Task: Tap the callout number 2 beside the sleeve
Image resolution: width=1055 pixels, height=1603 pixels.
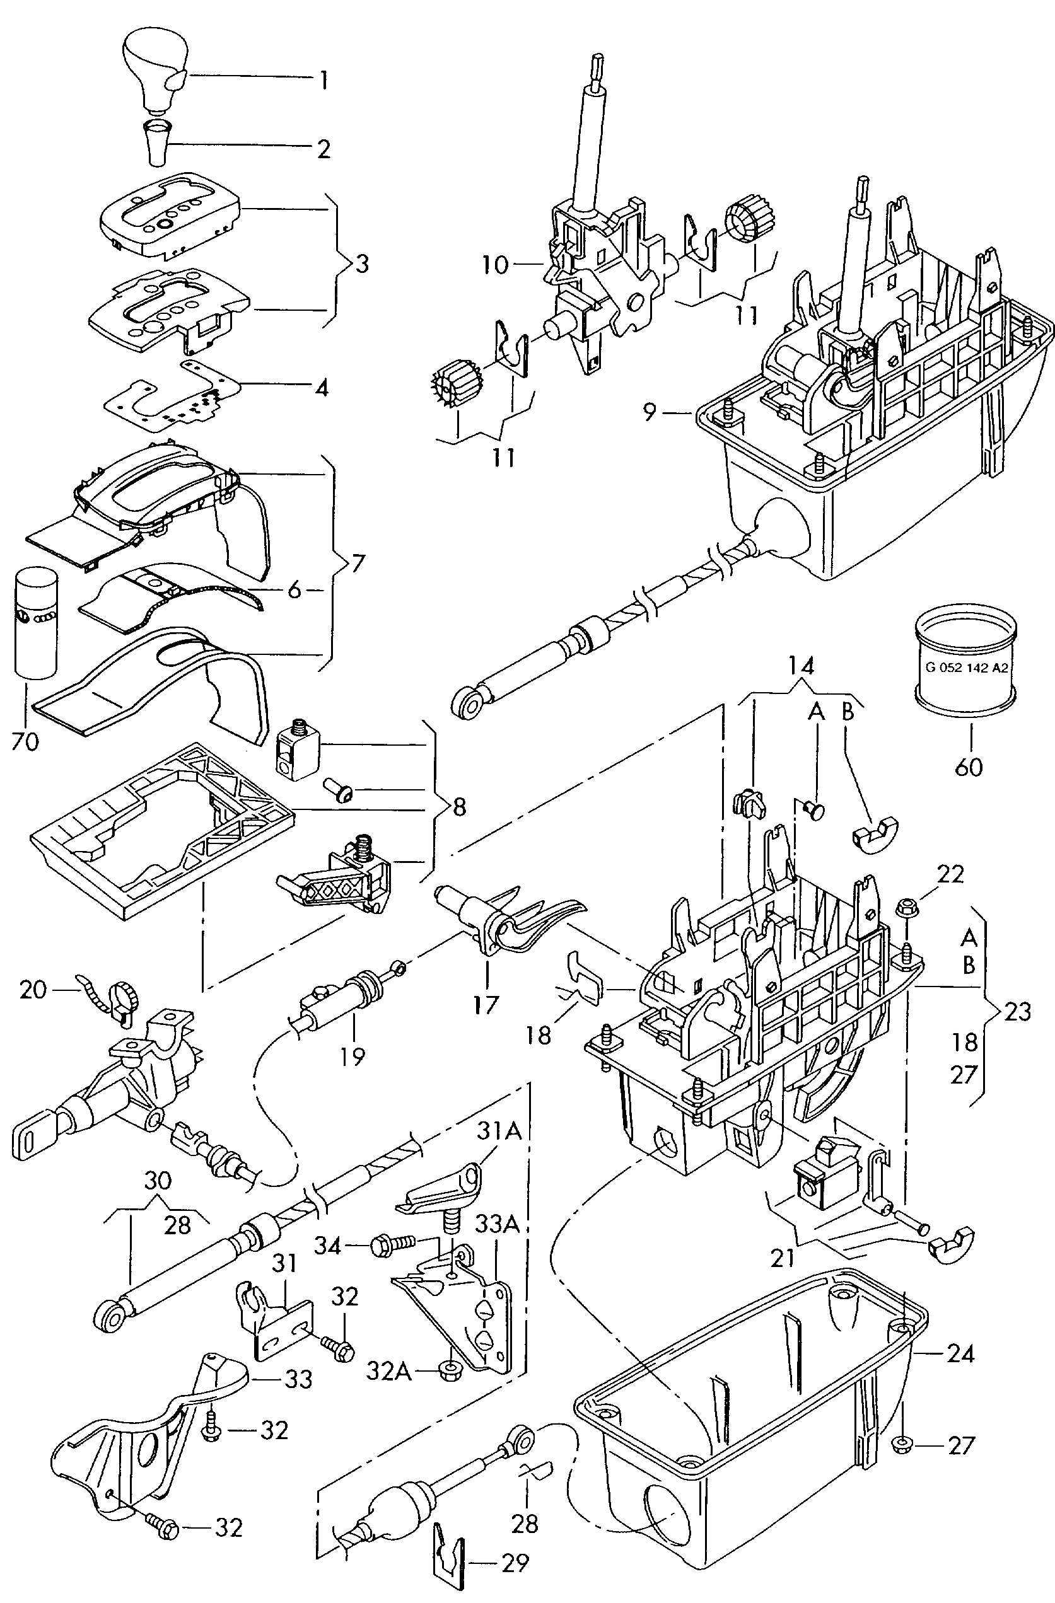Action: tap(323, 149)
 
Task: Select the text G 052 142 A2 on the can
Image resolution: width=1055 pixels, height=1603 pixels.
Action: tap(967, 668)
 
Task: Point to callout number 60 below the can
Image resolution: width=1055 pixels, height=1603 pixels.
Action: tap(968, 767)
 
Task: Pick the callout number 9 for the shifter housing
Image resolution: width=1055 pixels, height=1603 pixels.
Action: tap(649, 412)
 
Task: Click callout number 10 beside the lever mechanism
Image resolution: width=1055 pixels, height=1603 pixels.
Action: tap(495, 265)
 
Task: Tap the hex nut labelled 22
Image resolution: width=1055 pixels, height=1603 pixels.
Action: tap(905, 909)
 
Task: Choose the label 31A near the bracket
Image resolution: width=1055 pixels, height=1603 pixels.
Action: tap(499, 1131)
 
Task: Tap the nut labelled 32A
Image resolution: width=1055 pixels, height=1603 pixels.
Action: tap(446, 1370)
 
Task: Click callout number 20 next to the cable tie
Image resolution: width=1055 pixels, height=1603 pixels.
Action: tap(32, 990)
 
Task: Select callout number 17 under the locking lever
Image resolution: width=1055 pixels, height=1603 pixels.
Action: tap(486, 1005)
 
